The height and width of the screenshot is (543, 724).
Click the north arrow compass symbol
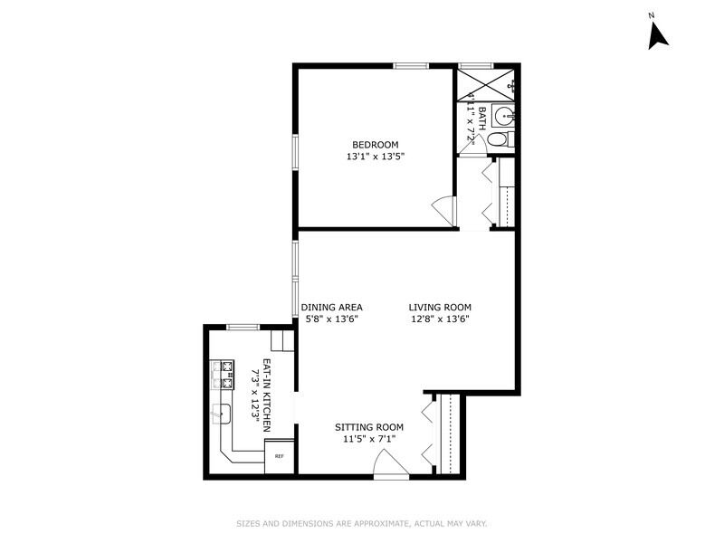658,37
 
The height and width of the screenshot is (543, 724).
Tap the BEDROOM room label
376,145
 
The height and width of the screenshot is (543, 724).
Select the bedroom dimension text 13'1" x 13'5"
376,157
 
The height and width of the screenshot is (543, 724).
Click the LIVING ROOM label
440,307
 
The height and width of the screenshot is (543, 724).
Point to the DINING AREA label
331,307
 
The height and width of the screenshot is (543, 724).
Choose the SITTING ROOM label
369,427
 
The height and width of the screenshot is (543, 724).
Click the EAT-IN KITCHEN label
266,395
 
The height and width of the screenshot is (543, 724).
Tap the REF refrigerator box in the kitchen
279,456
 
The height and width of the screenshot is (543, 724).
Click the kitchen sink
222,414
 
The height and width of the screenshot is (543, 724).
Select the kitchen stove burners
223,375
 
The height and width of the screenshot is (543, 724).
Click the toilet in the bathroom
500,139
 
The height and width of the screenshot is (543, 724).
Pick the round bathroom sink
502,115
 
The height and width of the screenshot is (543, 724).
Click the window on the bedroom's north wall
411,66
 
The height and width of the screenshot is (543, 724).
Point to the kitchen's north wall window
243,328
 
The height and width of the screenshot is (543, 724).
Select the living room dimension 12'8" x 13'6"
440,319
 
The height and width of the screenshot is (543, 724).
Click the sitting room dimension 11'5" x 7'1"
369,439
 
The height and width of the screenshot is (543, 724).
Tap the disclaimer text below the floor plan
362,524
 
